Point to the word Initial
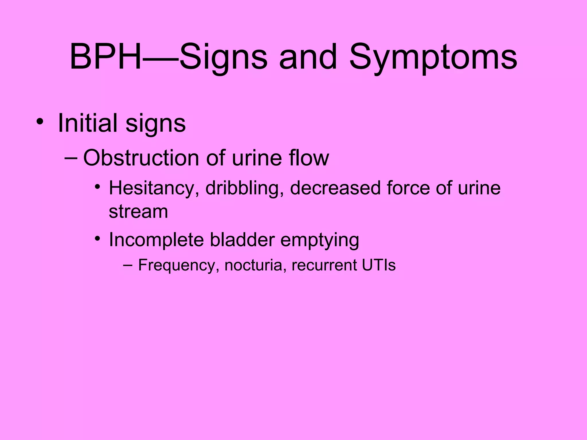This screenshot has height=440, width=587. click(x=88, y=123)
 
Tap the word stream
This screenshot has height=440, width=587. click(x=138, y=212)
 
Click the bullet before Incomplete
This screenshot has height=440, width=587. click(x=98, y=238)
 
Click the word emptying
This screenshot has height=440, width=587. click(x=319, y=240)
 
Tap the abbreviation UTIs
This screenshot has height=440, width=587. click(x=379, y=265)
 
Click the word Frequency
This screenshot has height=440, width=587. click(x=177, y=265)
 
